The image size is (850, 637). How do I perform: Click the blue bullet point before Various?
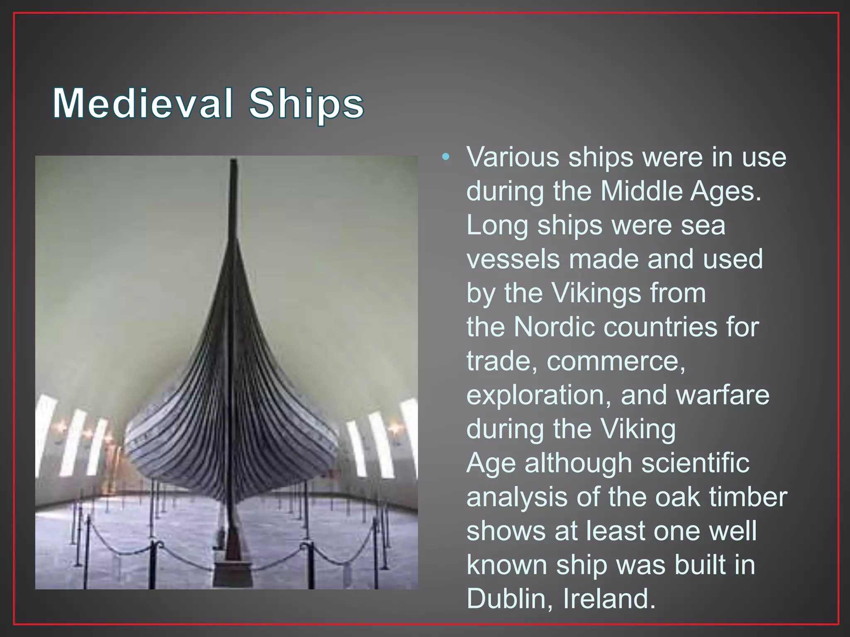pos(446,157)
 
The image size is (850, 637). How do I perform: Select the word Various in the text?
pos(513,157)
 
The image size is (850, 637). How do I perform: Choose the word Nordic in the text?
pos(554,327)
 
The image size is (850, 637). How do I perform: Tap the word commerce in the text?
pos(616,361)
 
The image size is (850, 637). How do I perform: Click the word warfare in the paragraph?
pos(723,395)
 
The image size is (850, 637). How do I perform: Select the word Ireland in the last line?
pos(609,599)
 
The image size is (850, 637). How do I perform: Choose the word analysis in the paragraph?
pos(517,497)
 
